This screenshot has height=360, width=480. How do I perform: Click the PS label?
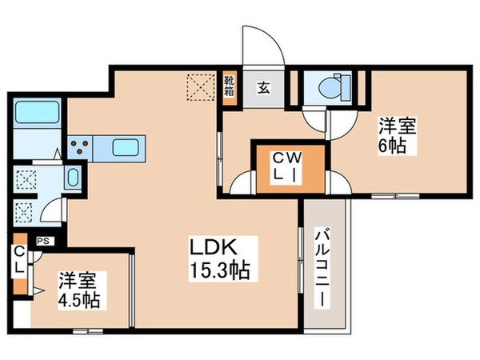(x=41, y=239)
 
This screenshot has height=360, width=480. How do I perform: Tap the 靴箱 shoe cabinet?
(x=229, y=84)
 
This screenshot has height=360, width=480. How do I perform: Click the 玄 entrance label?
(x=263, y=87)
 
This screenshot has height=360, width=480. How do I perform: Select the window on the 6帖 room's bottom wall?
(x=392, y=196)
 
